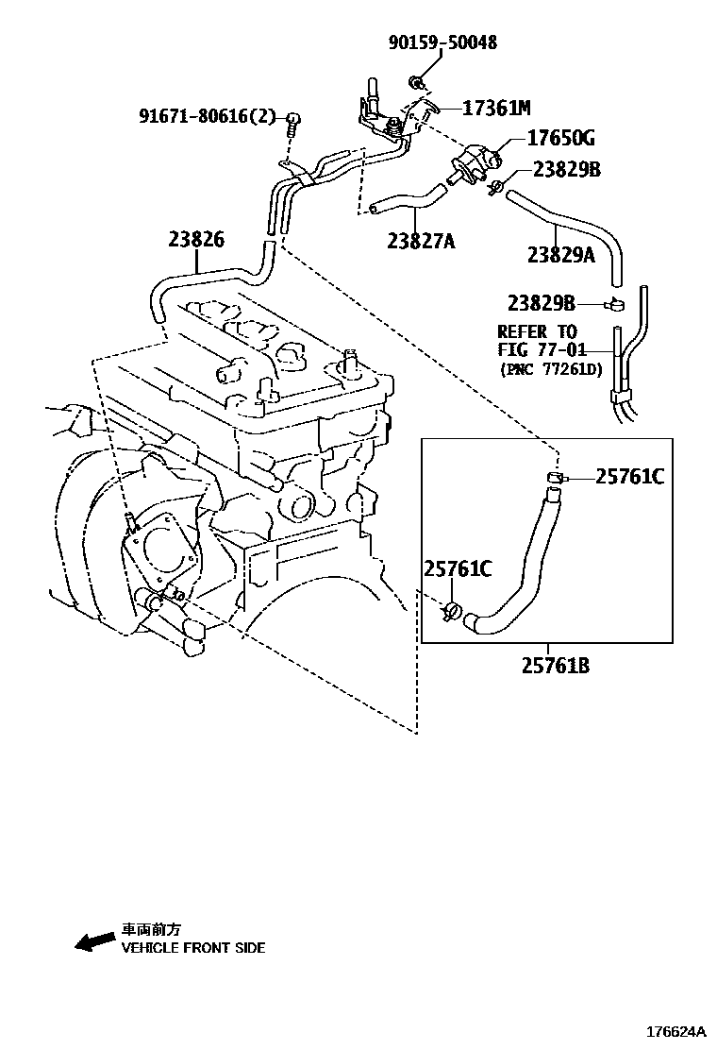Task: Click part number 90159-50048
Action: click(x=442, y=42)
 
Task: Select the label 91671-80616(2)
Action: click(x=208, y=116)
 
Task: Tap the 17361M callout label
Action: click(x=496, y=108)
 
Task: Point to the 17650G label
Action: click(x=560, y=139)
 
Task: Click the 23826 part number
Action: click(x=196, y=240)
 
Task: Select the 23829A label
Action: click(x=560, y=254)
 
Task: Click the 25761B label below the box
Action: click(x=555, y=666)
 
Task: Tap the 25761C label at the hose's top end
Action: click(x=629, y=477)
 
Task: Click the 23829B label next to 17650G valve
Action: click(x=566, y=170)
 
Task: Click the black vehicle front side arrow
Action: click(x=93, y=940)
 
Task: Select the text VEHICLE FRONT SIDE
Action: click(x=192, y=947)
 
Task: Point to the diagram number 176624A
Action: click(x=675, y=1032)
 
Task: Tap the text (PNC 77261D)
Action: click(x=550, y=369)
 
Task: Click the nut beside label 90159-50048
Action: click(x=416, y=80)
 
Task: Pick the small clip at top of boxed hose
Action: click(x=555, y=477)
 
